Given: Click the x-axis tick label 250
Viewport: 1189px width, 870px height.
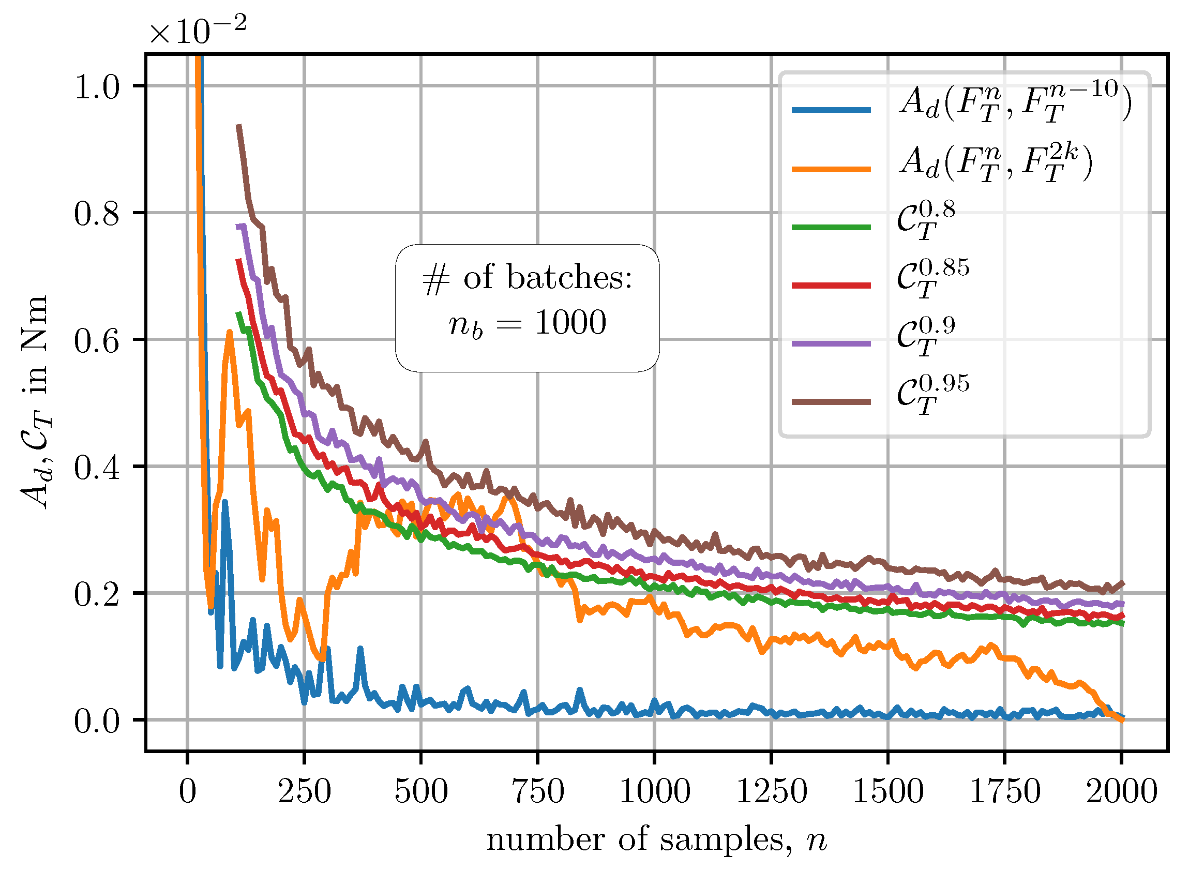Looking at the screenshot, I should pos(304,791).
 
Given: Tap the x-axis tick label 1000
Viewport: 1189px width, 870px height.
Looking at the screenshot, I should pos(655,791).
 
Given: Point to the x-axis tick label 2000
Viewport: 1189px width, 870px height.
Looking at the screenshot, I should pos(1122,791).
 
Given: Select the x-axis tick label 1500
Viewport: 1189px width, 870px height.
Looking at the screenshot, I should pos(888,791).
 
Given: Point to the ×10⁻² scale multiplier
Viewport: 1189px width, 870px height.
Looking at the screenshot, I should pos(198,31).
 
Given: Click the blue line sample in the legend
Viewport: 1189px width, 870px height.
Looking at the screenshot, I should pos(832,110).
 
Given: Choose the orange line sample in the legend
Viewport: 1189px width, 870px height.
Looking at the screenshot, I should pos(832,170).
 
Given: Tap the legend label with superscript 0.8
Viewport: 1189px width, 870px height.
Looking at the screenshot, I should pos(926,221).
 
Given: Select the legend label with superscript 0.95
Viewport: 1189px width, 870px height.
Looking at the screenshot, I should pos(932,396).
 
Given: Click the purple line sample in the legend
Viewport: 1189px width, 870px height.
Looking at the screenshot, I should pos(832,343).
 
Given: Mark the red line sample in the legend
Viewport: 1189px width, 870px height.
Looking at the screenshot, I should pos(832,286).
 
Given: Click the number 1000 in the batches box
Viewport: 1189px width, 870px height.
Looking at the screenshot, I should pos(571,322).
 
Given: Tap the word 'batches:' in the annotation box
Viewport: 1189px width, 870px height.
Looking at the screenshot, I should pos(569,277).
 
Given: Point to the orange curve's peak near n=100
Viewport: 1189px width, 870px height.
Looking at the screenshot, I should pos(230,332).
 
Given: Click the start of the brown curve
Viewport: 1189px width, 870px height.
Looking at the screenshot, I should pos(238,125).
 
